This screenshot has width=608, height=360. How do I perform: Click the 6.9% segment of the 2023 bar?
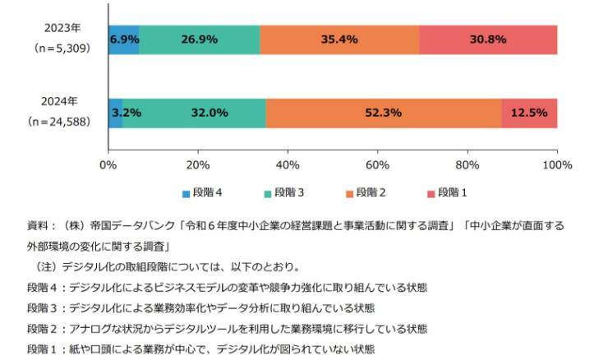(x=123, y=39)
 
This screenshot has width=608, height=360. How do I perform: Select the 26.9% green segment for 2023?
(x=200, y=39)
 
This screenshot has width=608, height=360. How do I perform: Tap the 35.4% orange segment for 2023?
(x=339, y=39)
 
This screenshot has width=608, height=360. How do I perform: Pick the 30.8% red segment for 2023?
(x=488, y=39)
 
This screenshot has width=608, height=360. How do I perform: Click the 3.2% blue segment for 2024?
(x=116, y=113)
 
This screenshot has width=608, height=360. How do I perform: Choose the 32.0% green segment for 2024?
(x=194, y=113)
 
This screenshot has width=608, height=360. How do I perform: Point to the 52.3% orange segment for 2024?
(x=384, y=113)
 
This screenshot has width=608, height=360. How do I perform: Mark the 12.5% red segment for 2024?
(x=529, y=113)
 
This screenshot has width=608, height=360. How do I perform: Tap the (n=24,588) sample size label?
(x=59, y=122)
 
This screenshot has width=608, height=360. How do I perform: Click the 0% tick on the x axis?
(x=108, y=165)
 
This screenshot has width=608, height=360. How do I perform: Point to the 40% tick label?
(x=288, y=165)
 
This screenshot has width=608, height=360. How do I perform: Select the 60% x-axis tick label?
(x=377, y=165)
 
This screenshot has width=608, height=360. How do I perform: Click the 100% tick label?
(x=557, y=165)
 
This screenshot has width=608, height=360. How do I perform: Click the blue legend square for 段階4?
(x=187, y=194)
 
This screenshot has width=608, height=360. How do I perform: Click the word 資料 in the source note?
(x=38, y=224)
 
